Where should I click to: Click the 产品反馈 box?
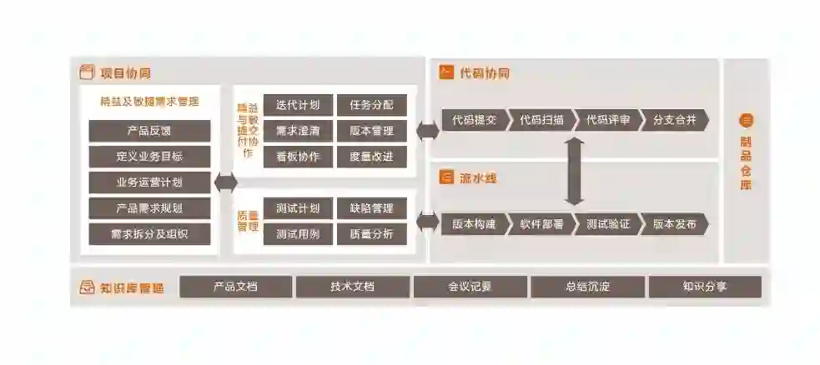point(149,131)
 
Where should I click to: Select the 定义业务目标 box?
point(149,157)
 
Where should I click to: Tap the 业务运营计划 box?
point(149,182)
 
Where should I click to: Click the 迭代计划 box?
point(298,105)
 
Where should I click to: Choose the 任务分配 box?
point(371,105)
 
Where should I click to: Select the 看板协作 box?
point(298,157)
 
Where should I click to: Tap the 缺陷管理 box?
point(371,208)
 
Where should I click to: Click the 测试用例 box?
point(298,234)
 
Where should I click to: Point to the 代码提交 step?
point(473,120)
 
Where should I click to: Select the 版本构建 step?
point(473,224)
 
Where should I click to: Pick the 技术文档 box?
point(352,287)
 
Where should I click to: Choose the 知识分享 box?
point(704,287)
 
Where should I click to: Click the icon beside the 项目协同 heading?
point(86,73)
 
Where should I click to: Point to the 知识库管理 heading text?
point(131,288)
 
